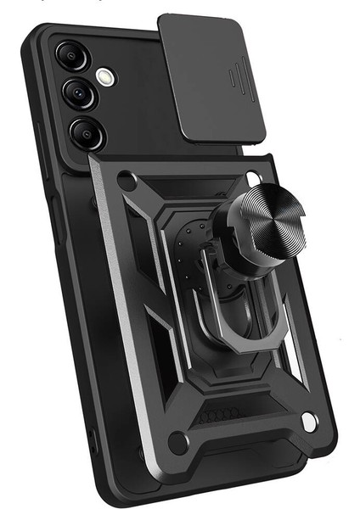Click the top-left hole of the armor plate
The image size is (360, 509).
(x=127, y=181)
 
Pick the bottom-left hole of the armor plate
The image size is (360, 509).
(x=179, y=440)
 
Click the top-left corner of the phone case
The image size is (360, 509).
(x=34, y=38)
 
